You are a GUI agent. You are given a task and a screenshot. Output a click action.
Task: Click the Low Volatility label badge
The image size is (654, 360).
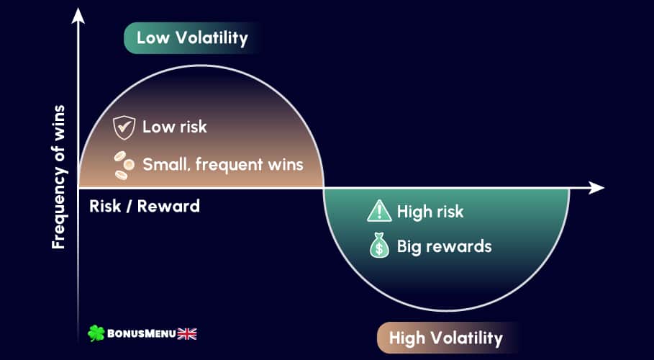click(193, 38)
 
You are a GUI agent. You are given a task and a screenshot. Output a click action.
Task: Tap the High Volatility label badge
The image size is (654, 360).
click(446, 338)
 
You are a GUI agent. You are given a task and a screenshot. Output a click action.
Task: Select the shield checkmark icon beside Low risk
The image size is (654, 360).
click(124, 127)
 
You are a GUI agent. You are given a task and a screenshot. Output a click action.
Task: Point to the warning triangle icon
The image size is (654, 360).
click(379, 210)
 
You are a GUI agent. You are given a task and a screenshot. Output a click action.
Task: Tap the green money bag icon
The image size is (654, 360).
click(380, 245)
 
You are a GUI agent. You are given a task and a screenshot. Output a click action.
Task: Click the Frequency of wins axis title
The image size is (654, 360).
click(58, 177)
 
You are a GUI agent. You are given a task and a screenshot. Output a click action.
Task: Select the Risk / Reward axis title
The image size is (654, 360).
click(145, 207)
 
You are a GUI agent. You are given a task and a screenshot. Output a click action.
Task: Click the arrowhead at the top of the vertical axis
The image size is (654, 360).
click(78, 15)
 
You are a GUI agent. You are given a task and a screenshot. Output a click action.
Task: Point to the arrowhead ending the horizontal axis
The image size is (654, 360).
click(596, 188)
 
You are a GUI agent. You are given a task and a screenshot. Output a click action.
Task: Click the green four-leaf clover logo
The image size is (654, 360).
click(96, 333)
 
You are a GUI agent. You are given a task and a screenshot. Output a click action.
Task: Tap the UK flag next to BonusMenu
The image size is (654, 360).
click(187, 333)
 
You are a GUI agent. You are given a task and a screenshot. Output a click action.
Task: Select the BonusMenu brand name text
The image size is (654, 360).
click(142, 333)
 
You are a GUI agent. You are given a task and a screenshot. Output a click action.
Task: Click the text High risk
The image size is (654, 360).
click(430, 212)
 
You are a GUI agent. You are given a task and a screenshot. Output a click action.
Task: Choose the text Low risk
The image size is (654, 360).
click(175, 127)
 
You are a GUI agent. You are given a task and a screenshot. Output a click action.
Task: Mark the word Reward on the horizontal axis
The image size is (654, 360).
click(168, 207)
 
